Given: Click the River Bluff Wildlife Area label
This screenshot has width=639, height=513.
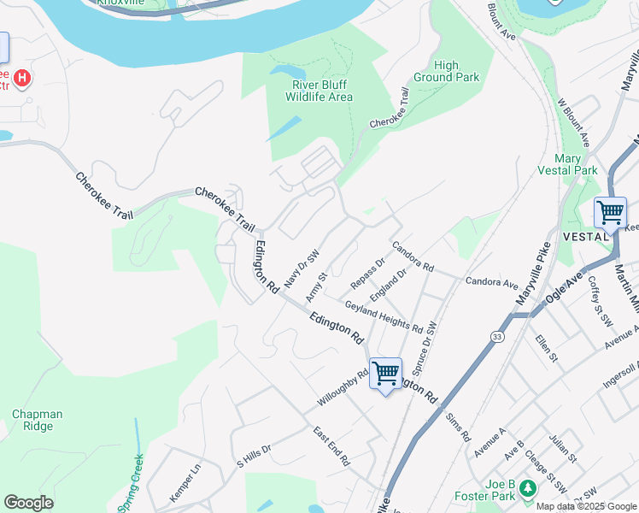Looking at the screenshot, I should coord(322,91).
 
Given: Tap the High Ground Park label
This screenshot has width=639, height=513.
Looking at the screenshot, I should coord(458,71).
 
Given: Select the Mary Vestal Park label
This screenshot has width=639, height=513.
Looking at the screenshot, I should coord(568,164).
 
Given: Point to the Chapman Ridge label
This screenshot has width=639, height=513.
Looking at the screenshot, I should coord(37,420).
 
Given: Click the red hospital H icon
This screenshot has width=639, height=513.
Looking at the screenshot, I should coord(23,79).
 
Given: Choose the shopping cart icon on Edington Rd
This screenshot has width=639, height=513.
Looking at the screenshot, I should coord(385,373).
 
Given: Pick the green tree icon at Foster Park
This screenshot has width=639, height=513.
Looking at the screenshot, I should coord(528,487).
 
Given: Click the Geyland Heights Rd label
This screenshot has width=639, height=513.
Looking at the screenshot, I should coord(384,316).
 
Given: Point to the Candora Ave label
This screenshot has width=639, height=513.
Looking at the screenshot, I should coord(492,281).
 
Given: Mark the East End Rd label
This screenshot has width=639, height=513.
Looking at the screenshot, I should coord(331,446).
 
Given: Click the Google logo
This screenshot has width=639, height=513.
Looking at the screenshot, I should coord(28,503).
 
